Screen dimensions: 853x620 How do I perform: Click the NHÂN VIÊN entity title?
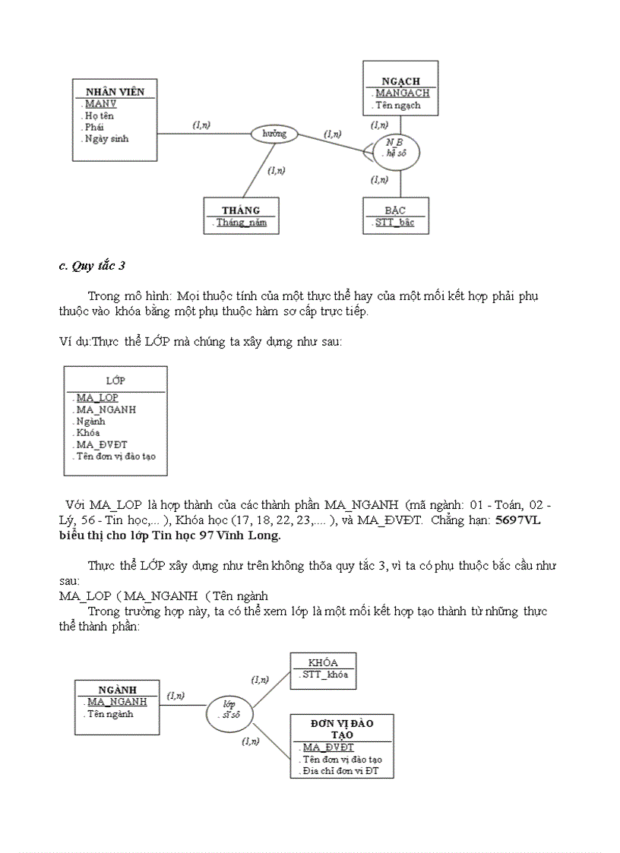115,92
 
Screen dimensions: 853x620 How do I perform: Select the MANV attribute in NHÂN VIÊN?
100,104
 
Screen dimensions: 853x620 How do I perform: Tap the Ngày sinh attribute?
106,139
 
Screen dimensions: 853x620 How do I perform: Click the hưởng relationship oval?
274,134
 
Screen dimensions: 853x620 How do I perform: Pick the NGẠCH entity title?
400,81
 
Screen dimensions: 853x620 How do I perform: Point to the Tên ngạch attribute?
397,106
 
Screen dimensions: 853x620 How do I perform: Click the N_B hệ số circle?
396,147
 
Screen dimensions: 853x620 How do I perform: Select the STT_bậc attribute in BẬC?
395,223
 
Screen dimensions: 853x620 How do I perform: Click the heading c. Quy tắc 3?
92,265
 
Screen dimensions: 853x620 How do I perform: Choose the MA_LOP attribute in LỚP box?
97,397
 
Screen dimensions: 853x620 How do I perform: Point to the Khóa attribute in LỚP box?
88,432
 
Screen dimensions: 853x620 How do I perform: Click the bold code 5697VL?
517,520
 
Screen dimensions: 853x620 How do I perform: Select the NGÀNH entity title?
117,690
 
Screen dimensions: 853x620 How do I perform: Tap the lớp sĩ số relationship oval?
229,709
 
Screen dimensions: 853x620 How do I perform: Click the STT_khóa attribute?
324,675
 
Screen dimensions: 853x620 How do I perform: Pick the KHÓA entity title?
323,662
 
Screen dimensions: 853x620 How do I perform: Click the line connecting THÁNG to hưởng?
258,171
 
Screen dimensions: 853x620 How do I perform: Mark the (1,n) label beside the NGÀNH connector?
176,695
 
